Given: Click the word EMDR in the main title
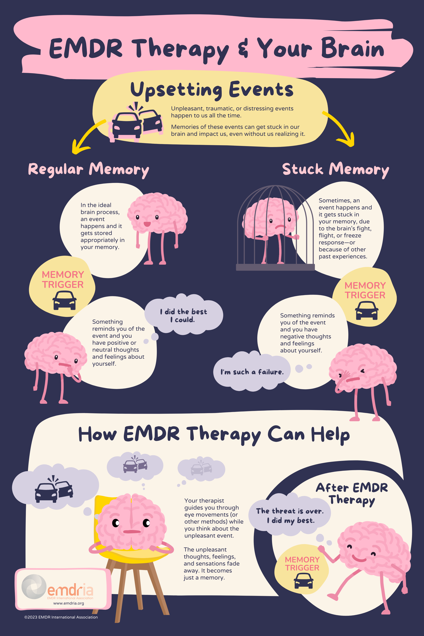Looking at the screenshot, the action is tap(86, 48).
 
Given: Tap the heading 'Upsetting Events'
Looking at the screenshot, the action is tap(212, 90).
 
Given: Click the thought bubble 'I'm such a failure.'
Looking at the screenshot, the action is tap(252, 372).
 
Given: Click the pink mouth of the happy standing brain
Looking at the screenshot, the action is tap(147, 224).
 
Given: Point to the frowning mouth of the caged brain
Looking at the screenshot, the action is tap(280, 227).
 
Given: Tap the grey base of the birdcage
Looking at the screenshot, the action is tap(275, 267).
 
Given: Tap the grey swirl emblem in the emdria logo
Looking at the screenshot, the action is tap(34, 586).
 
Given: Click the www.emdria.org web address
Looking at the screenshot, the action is tap(69, 603).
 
